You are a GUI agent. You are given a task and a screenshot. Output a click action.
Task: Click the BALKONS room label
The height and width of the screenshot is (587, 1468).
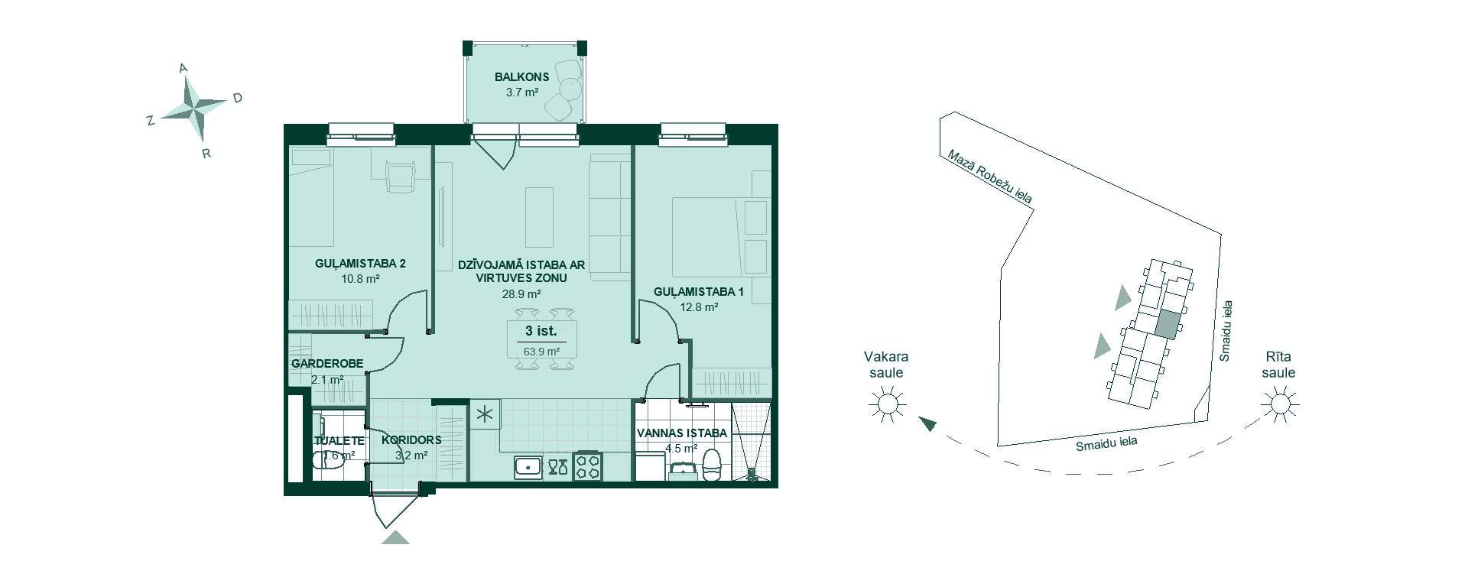point(521,77)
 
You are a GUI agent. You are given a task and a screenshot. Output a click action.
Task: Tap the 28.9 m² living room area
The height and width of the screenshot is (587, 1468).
point(521,293)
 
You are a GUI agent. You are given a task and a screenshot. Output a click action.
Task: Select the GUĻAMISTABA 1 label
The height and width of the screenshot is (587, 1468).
point(699,292)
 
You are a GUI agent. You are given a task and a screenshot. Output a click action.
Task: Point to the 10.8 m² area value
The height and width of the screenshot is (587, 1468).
point(360,279)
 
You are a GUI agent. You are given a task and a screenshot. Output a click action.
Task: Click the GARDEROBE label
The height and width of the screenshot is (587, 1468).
point(327,364)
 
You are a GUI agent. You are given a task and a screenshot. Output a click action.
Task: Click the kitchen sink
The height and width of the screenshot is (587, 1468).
point(528,467)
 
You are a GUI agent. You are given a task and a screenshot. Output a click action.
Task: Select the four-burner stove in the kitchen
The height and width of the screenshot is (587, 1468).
point(588,466)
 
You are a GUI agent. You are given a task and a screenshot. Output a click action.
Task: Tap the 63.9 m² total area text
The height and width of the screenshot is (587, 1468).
point(541,352)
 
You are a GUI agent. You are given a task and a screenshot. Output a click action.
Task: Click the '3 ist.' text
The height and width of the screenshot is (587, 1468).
point(541,331)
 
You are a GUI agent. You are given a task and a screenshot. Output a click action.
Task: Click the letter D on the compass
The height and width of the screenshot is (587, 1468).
point(238,98)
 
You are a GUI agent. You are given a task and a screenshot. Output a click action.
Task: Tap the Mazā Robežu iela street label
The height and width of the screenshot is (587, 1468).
point(989,177)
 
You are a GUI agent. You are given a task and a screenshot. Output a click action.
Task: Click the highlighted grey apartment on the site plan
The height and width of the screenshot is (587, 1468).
point(1167,326)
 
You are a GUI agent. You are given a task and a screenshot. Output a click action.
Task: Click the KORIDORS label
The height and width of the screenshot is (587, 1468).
point(411,440)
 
